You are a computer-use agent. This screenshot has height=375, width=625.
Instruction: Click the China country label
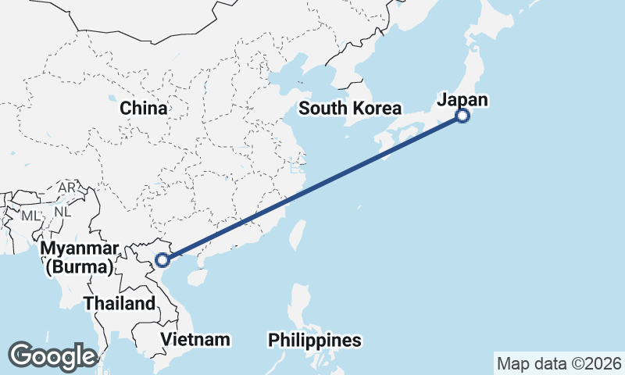click(x=144, y=108)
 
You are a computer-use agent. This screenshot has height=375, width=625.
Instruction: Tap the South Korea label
click(x=350, y=109)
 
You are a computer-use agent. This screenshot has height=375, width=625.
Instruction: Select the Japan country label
click(x=462, y=100)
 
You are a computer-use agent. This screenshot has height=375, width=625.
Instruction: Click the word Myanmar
click(x=80, y=248)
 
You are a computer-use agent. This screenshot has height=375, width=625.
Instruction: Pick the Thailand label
click(x=120, y=303)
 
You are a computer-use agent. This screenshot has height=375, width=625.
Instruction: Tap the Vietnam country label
click(x=195, y=339)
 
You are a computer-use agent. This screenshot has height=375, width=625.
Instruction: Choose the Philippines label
click(x=315, y=341)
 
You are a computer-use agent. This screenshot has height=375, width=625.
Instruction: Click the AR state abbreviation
click(x=67, y=188)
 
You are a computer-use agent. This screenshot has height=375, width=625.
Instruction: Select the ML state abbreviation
click(x=30, y=215)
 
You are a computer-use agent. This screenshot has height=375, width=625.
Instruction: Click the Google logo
click(x=53, y=356)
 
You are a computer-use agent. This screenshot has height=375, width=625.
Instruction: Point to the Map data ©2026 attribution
click(x=559, y=363)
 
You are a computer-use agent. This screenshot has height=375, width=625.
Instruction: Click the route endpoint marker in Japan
click(x=462, y=116)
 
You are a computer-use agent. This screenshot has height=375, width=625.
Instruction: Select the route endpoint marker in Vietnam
click(x=162, y=259)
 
